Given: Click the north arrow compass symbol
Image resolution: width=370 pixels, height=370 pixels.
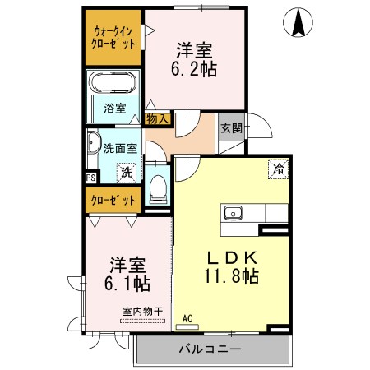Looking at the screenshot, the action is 298,22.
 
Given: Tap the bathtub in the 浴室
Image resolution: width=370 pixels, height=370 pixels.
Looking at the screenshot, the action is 113,82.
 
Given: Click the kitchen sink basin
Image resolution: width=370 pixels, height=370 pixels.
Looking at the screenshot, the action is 233,213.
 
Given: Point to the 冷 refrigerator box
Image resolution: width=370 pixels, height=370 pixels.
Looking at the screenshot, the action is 279,169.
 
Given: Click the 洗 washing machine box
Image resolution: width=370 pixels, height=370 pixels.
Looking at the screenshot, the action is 127,173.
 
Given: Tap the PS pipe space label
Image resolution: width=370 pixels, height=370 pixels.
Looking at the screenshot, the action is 90,178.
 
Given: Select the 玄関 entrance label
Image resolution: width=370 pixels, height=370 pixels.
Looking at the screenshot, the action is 232,127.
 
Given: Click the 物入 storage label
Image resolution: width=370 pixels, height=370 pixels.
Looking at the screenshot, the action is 157,119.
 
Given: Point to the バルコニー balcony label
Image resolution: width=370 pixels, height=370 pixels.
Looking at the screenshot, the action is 210,349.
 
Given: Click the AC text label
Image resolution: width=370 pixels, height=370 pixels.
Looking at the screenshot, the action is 187,319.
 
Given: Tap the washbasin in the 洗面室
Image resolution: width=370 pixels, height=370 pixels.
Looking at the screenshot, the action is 93,142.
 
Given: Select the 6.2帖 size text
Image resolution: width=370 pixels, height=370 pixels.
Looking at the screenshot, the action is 194,69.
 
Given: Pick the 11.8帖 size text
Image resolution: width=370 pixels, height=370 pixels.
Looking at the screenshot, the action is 231,276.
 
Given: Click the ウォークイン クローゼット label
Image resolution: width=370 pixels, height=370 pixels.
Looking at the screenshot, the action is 113,38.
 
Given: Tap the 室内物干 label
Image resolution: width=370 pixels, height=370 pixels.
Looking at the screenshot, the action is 142,312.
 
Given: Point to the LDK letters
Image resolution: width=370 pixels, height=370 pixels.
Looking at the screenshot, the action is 232,257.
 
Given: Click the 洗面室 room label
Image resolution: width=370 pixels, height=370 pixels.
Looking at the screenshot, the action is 120,148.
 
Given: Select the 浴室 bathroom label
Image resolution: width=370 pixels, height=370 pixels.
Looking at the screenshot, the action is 115,109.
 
